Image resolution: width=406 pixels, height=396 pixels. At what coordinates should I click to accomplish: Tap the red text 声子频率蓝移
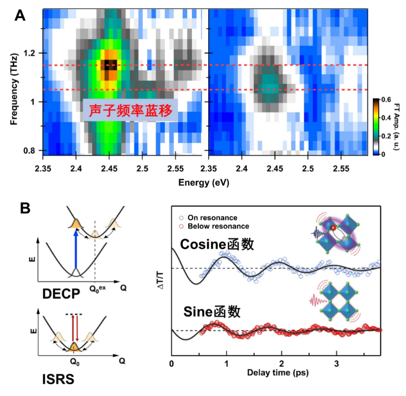click(129, 110)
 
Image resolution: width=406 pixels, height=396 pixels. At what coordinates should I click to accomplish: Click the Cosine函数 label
click(216, 244)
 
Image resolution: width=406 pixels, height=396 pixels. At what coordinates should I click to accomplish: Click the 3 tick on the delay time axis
click(336, 364)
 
